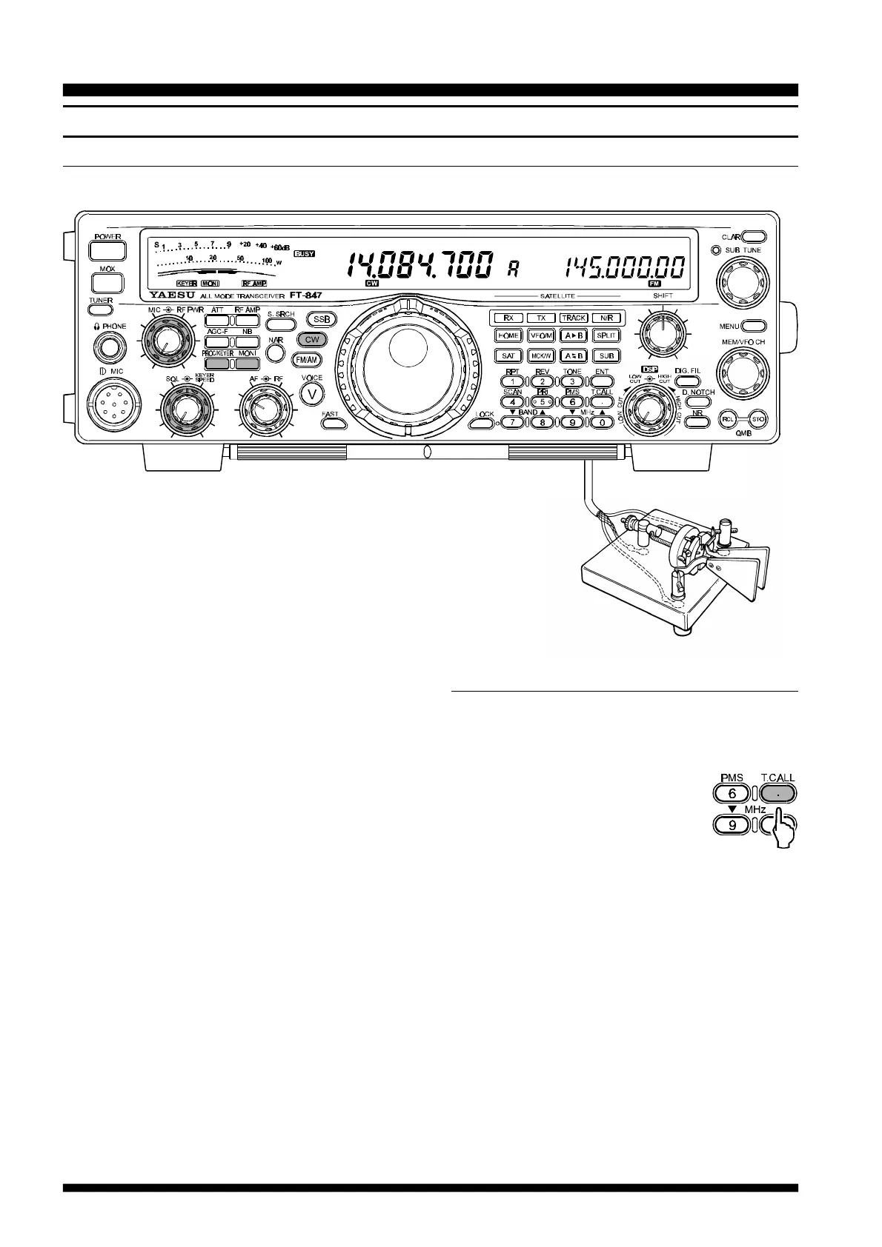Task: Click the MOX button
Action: pos(107,283)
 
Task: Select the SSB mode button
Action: pos(322,319)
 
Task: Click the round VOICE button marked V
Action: pos(312,395)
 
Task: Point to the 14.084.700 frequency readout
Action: pos(418,264)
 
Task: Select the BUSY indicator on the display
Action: pos(304,253)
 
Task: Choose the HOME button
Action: pos(508,335)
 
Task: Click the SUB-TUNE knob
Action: pos(741,282)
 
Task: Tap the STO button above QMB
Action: pos(757,419)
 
